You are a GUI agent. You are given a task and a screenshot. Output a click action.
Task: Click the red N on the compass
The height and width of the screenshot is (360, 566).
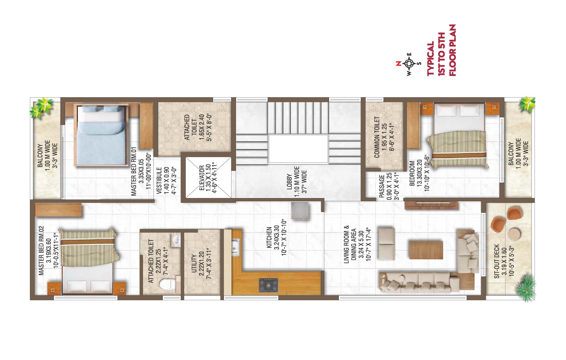399,63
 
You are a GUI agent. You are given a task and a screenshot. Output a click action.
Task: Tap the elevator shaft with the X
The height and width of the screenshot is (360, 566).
208,177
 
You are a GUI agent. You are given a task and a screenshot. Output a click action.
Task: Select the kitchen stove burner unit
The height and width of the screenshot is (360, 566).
268,285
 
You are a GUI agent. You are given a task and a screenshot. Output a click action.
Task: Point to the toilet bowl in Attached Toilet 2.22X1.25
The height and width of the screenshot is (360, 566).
167,284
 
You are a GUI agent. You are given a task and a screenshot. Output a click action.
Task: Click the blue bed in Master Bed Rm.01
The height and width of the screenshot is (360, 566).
101,135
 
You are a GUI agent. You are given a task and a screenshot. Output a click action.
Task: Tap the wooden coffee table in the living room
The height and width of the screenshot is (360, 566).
426,250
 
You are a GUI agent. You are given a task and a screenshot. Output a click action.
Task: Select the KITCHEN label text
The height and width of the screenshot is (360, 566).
269,238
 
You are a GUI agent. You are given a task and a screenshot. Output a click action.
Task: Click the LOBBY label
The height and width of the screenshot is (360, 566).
289,182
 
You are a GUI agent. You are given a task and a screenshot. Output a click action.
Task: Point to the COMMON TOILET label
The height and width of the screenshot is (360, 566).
377,137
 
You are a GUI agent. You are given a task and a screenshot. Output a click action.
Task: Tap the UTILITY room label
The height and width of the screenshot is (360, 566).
194,264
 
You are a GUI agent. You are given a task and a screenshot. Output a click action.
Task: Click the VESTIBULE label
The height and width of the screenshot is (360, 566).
159,181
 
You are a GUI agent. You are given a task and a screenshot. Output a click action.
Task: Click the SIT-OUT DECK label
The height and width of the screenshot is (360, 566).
497,261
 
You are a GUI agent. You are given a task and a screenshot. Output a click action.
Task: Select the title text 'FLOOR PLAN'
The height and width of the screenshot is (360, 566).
452,50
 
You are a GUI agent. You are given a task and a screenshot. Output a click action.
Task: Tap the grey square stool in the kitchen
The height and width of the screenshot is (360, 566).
300,211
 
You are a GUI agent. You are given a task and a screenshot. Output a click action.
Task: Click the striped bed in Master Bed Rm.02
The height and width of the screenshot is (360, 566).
89,261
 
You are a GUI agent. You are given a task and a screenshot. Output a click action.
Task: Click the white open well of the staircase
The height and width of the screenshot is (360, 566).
298,149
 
